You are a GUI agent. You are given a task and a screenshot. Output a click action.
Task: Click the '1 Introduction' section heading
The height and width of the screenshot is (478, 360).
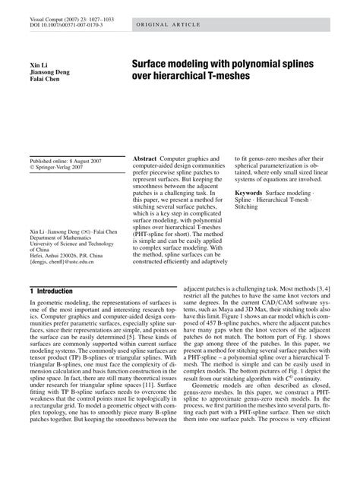click(51, 291)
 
